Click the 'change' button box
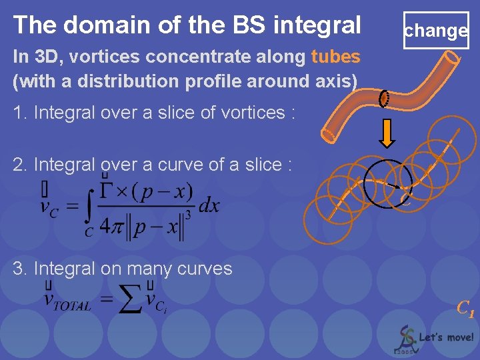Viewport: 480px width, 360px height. (x=436, y=31)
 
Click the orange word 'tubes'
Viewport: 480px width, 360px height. (x=335, y=57)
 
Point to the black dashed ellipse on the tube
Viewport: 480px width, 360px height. (x=384, y=99)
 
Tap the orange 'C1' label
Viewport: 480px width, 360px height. (x=465, y=309)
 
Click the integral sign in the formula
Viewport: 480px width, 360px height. (x=89, y=206)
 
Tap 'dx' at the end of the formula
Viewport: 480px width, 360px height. (x=209, y=205)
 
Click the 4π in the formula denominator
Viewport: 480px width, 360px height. (x=111, y=228)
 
